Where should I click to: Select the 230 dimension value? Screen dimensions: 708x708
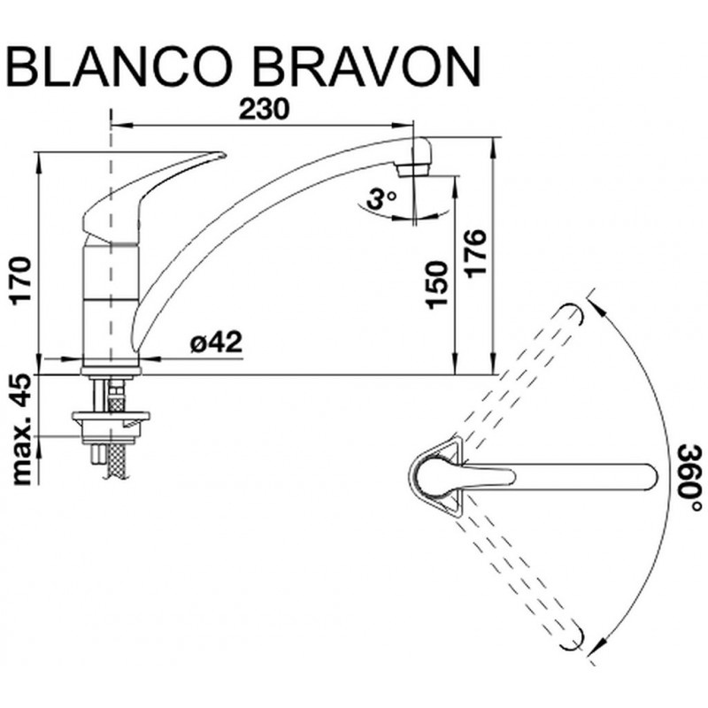(264, 109)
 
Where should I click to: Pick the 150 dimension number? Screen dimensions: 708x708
(437, 285)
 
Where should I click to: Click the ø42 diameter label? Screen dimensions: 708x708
(216, 342)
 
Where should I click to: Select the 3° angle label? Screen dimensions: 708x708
(381, 198)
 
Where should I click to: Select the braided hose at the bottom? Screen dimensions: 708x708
(116, 460)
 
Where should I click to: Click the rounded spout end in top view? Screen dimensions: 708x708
(650, 477)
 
